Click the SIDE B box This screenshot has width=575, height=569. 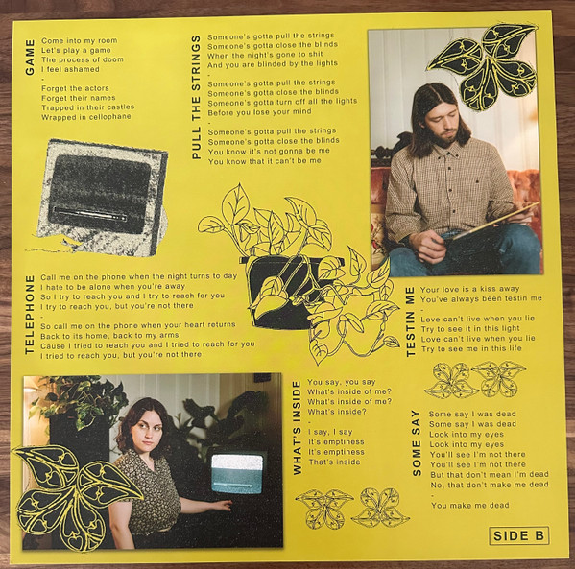(x=519, y=535)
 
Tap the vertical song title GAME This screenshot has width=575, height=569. (x=30, y=58)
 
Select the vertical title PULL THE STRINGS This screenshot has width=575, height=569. (x=197, y=97)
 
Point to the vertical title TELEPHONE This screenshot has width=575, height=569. (x=30, y=315)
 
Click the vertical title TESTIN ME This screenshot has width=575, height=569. (x=410, y=321)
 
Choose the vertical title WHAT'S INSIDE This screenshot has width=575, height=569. (x=297, y=428)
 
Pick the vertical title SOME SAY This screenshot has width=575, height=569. (x=417, y=443)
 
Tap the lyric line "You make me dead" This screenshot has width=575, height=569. (x=470, y=506)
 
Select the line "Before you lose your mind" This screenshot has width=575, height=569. (x=259, y=111)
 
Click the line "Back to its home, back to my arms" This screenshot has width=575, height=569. (x=109, y=336)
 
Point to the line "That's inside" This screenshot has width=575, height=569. (x=334, y=462)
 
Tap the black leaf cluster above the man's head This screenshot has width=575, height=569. (x=482, y=67)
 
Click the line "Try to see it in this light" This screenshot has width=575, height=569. (x=470, y=328)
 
